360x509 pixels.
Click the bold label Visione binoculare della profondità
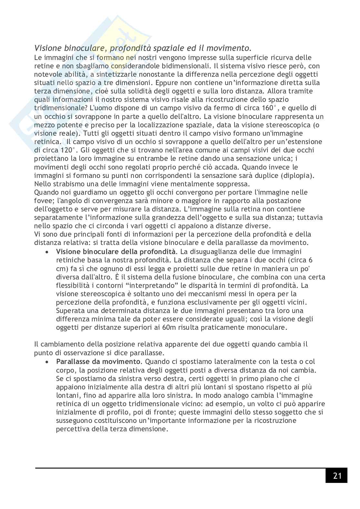click(116, 251)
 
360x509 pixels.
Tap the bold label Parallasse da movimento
click(98, 362)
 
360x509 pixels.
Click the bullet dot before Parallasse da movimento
click(47, 362)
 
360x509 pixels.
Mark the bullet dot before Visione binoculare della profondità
click(47, 252)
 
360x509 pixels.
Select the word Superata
click(69, 311)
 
